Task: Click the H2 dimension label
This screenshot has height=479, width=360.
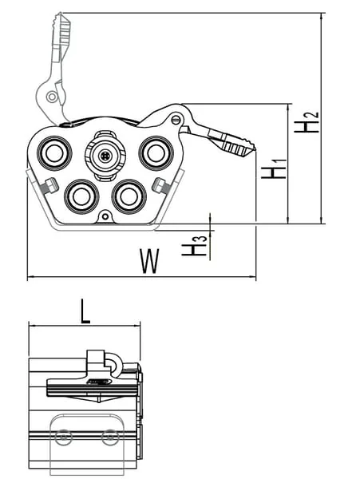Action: [307, 122]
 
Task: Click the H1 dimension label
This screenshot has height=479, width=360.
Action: [274, 168]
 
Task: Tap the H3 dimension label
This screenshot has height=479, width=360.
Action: [195, 246]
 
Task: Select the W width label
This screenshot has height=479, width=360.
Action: [149, 261]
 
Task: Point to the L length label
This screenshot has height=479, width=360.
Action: [85, 311]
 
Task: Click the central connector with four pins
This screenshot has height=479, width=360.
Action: [105, 156]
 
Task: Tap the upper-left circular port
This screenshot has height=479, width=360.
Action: [54, 153]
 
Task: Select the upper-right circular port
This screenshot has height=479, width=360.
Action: [156, 153]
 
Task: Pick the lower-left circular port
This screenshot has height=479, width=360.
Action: [81, 196]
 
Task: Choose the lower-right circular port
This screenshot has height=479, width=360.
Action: [129, 196]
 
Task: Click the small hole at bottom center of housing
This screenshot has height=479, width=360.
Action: [105, 216]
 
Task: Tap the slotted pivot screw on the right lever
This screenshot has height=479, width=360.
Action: [176, 120]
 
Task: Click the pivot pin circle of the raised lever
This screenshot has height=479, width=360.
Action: [52, 97]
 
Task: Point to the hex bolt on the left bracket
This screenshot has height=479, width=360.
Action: [49, 186]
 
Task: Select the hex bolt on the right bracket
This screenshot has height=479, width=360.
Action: [161, 185]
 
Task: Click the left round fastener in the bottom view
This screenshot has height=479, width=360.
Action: [64, 437]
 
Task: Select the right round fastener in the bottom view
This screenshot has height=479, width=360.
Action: [110, 437]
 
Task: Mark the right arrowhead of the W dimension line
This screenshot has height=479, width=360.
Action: [253, 277]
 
